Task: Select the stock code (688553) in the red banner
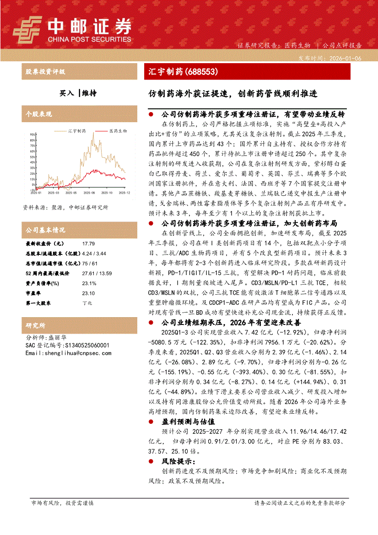point(201,71)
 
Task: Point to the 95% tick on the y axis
point(32,135)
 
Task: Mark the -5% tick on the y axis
point(33,189)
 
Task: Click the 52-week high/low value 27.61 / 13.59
point(97,273)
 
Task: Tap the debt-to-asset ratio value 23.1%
point(89,283)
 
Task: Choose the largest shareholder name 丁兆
point(87,303)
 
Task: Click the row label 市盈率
point(33,293)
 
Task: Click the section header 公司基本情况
point(45,230)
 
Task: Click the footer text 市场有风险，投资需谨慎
point(62,515)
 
